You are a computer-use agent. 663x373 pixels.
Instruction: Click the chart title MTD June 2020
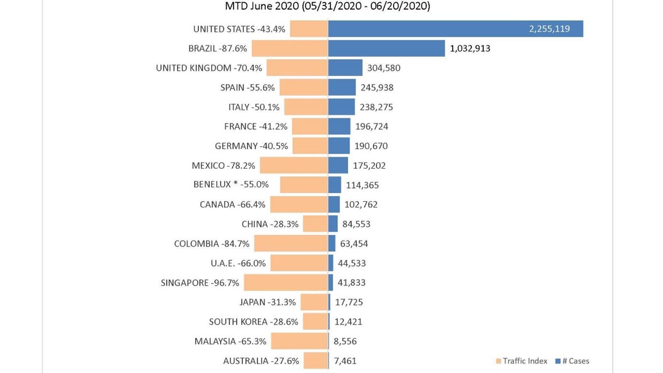tap(327, 6)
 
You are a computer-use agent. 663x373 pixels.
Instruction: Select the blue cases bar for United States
tap(427, 29)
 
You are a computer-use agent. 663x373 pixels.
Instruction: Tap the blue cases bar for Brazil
tap(386, 48)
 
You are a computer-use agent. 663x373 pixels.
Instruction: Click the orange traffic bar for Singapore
tap(286, 283)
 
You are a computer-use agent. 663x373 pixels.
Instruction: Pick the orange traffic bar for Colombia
tap(291, 243)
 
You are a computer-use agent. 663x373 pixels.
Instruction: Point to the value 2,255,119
tap(549, 29)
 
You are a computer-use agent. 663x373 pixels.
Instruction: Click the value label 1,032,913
tap(470, 48)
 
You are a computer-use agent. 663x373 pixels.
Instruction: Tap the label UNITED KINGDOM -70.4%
tap(209, 68)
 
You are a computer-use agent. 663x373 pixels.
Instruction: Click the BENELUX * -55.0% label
tap(231, 184)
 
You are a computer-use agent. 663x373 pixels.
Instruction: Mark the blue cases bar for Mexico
tap(338, 165)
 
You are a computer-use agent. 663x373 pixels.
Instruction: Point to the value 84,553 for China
tap(356, 224)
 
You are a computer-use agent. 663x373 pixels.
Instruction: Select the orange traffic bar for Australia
tap(316, 361)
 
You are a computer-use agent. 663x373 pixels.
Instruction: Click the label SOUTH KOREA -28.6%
tap(253, 322)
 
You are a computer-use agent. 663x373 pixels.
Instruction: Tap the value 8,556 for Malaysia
tap(345, 341)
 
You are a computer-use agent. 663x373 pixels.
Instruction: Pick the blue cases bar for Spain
tap(342, 87)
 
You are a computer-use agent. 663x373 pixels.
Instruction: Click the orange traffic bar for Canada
tap(299, 204)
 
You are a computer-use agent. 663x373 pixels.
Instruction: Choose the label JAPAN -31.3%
tap(267, 302)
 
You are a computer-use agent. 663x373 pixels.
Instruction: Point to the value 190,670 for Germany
tap(371, 146)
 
